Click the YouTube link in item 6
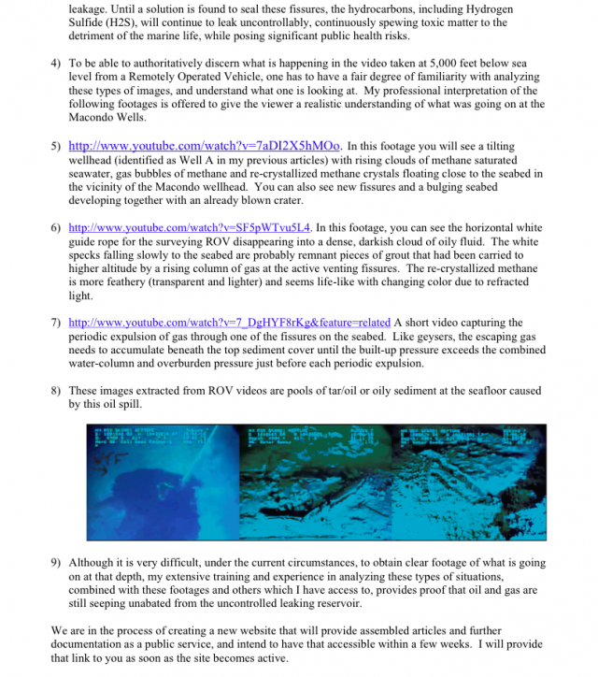tap(190, 227)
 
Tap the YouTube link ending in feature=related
tap(231, 323)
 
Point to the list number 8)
tap(56, 391)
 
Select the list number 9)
tap(56, 564)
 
